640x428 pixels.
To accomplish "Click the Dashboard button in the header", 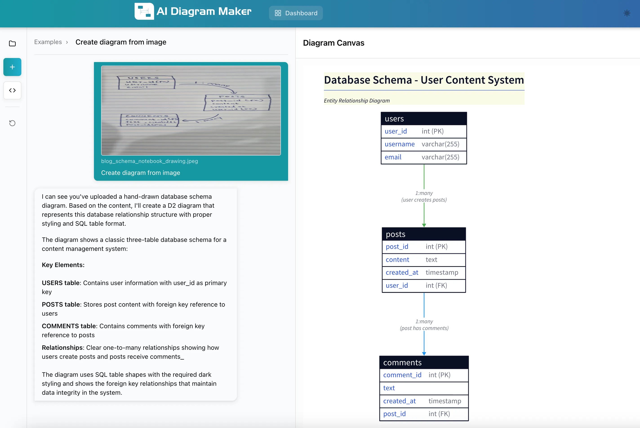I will [296, 13].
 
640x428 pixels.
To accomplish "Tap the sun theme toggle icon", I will [627, 13].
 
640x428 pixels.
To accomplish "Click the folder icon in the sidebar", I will [12, 44].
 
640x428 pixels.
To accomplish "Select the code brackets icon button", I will [12, 90].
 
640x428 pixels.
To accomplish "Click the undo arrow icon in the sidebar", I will [12, 123].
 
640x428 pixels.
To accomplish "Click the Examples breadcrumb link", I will [48, 42].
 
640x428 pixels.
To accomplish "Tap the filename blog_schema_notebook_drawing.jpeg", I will [149, 161].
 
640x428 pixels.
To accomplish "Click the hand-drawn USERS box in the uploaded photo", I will [147, 82].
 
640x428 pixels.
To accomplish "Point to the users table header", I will [424, 119].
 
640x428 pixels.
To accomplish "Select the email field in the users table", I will [393, 157].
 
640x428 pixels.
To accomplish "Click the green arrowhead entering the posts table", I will [424, 225].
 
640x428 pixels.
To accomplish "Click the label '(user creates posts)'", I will [424, 200].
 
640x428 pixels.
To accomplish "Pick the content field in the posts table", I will [397, 260].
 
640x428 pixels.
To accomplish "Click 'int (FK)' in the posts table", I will [436, 285].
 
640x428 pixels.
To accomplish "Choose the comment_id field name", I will [402, 375].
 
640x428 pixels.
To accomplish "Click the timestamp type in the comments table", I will [445, 401].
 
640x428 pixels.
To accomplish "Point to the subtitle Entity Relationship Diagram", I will [357, 101].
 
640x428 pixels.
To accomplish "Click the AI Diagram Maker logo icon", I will [144, 11].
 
